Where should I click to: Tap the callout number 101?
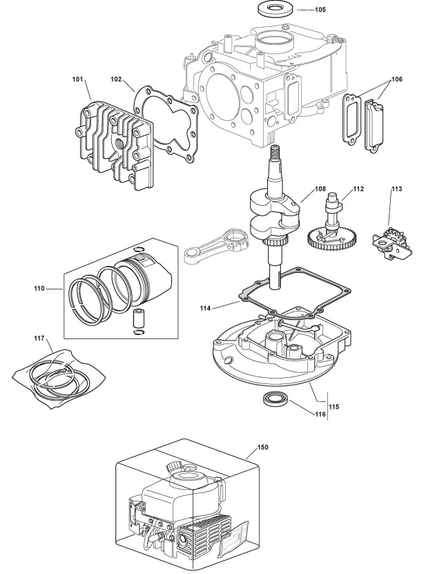[79, 80]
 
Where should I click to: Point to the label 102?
[117, 80]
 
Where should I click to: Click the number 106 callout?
[397, 79]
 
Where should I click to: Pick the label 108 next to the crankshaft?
[320, 188]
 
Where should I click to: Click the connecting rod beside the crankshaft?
[217, 245]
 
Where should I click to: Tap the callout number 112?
[358, 188]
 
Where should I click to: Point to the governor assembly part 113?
[388, 242]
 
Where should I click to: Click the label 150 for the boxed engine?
[262, 447]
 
